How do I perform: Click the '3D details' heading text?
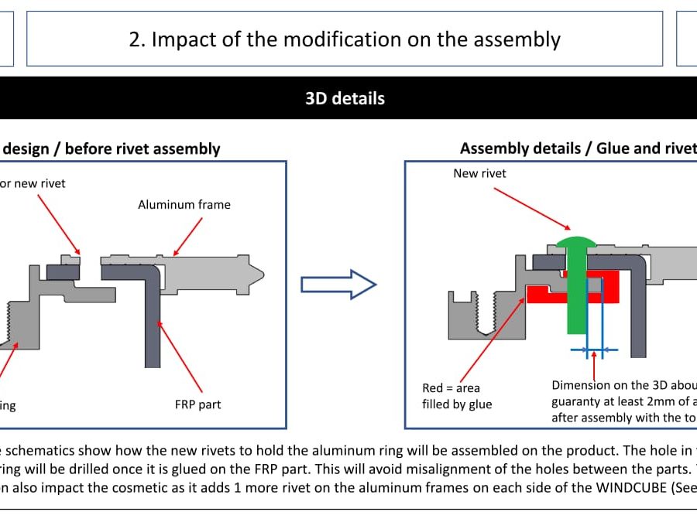coord(345,98)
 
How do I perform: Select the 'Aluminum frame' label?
coord(184,205)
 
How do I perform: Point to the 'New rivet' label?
coord(479,173)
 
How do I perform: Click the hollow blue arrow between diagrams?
coord(338,285)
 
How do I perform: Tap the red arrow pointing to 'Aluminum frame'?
coord(189,235)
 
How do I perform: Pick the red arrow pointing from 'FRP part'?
coord(180,356)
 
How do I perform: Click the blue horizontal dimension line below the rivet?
coord(594,350)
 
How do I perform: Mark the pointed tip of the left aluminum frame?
coord(263,273)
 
